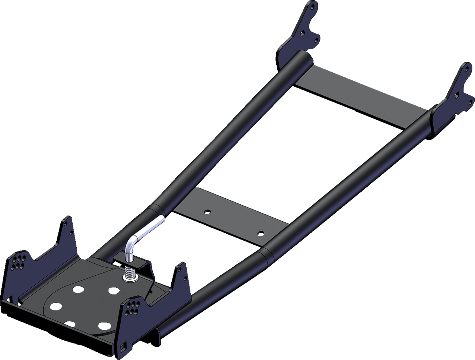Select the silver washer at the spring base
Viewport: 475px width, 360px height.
tap(129, 279)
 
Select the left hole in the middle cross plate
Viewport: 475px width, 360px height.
tap(207, 211)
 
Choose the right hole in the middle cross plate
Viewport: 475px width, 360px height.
tap(260, 233)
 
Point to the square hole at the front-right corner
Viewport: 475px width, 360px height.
tap(124, 345)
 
